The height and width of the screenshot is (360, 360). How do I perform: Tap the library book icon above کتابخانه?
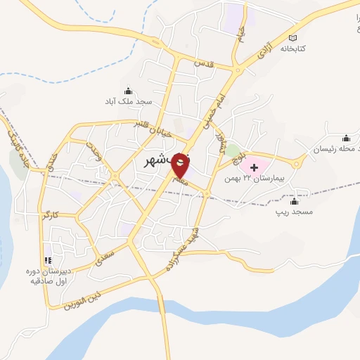pyautogui.click(x=294, y=38)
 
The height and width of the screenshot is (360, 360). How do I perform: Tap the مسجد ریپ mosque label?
pyautogui.click(x=294, y=212)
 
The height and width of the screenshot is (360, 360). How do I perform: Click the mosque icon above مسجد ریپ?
pyautogui.click(x=293, y=200)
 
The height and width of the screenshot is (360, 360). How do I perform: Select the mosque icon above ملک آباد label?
pyautogui.click(x=128, y=90)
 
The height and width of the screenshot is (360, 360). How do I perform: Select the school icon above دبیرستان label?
pyautogui.click(x=49, y=258)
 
